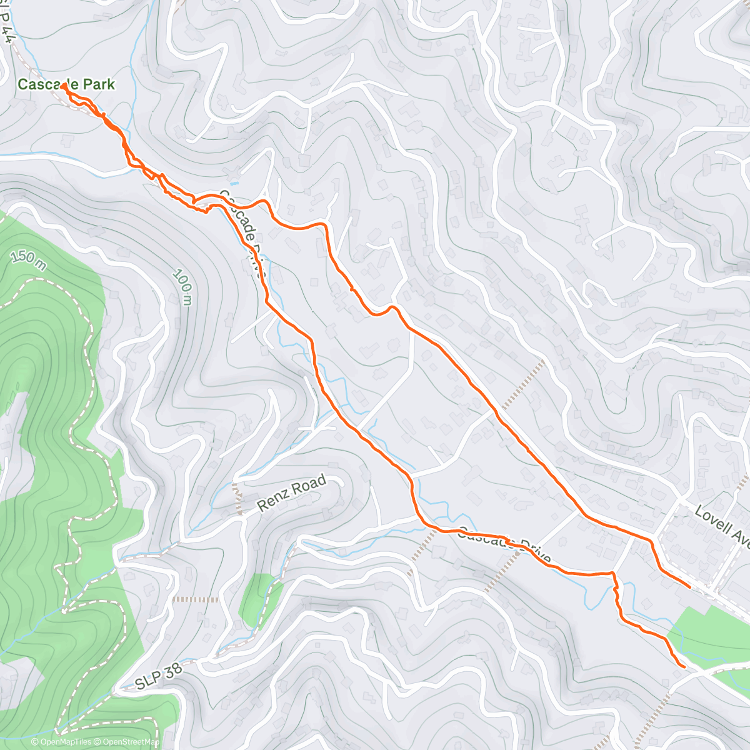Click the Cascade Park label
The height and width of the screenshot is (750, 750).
[66, 84]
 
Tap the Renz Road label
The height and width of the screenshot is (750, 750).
[292, 493]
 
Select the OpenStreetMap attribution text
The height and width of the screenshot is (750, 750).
[128, 742]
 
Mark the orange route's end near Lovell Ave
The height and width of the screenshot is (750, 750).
[689, 587]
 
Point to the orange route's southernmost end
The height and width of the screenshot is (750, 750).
[684, 667]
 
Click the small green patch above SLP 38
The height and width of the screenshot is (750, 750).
[257, 598]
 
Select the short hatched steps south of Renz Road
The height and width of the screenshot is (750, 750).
[195, 599]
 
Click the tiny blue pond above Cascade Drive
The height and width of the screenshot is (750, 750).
[234, 184]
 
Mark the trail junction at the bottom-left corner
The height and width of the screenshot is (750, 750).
[57, 731]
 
